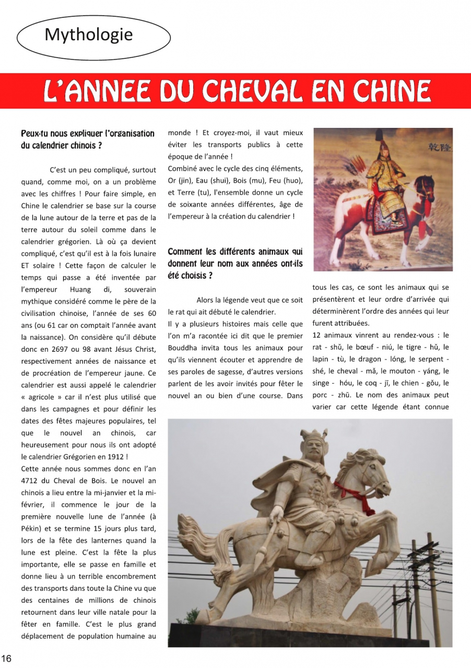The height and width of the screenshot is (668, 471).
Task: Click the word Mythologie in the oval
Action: (89, 35)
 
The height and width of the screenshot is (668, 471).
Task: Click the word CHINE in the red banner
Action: (392, 92)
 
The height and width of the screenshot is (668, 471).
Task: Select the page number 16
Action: (6, 659)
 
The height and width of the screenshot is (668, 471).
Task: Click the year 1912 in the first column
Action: (116, 457)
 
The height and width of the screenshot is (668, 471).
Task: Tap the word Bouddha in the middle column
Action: (182, 348)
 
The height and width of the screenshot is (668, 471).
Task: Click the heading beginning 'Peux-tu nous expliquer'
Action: (88, 139)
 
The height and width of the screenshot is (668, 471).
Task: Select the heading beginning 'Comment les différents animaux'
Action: (235, 264)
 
